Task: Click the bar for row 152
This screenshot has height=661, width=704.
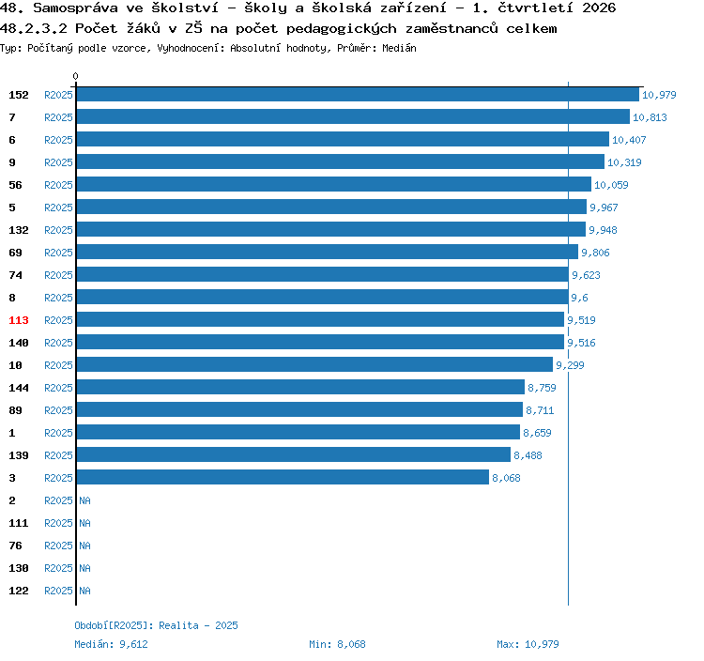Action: click(x=358, y=94)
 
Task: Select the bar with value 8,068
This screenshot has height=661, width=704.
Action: click(x=283, y=477)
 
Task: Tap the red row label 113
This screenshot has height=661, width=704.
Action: click(x=19, y=320)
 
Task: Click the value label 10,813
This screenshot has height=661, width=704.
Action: click(x=650, y=117)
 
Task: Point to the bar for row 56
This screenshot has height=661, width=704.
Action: click(x=334, y=184)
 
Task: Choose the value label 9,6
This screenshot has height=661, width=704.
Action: click(x=579, y=298)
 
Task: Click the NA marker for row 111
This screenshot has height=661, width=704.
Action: click(x=84, y=523)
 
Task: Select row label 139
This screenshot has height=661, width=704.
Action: click(x=19, y=455)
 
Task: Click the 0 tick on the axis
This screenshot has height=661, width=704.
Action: click(x=75, y=76)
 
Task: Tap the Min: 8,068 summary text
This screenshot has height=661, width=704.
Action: click(x=337, y=644)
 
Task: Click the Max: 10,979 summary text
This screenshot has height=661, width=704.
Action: click(x=528, y=644)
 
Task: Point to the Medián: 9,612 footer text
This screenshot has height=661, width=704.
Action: click(x=111, y=644)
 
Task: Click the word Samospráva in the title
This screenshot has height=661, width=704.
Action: click(x=75, y=8)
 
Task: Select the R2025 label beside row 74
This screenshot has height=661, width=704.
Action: click(x=58, y=275)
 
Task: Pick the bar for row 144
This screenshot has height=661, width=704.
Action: click(x=300, y=387)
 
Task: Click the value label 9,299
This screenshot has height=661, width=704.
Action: click(x=570, y=365)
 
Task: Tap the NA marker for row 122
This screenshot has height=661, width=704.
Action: click(x=84, y=591)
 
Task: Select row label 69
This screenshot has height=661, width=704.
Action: click(x=15, y=253)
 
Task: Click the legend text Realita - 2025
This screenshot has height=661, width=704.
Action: click(x=198, y=625)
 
